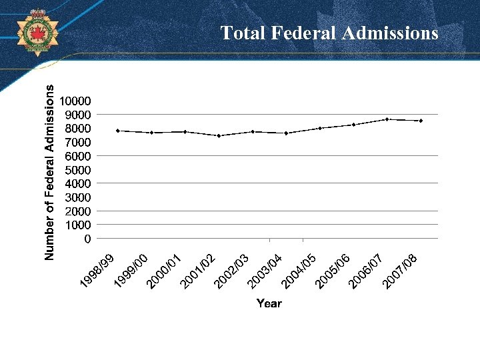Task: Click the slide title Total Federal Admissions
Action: click(329, 33)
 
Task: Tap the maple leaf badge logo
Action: click(37, 31)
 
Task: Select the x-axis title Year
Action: click(269, 303)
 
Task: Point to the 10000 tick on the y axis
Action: click(75, 101)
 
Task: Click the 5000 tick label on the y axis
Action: click(77, 169)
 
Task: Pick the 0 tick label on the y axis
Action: click(87, 238)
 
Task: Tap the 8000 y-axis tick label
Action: click(77, 129)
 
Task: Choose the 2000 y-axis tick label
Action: click(77, 211)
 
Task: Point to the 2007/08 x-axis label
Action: click(401, 272)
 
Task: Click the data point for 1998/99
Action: click(118, 131)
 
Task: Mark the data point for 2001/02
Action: click(219, 136)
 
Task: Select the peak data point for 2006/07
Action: click(387, 119)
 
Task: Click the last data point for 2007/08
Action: click(421, 121)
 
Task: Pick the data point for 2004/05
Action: click(320, 128)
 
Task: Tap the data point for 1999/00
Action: click(151, 133)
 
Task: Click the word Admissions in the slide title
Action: click(390, 33)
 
